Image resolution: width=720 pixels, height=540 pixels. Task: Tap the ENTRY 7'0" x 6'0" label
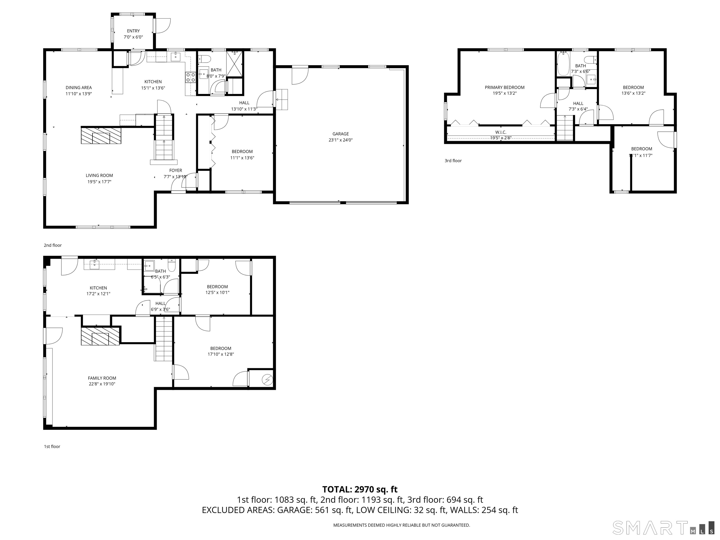coord(133,34)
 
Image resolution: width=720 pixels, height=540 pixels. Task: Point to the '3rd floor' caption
coord(453,161)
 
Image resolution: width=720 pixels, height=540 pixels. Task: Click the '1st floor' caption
coord(52,446)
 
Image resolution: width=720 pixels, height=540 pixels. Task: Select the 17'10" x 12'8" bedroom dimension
coord(221,354)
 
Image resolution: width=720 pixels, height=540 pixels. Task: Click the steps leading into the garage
coord(282,99)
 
